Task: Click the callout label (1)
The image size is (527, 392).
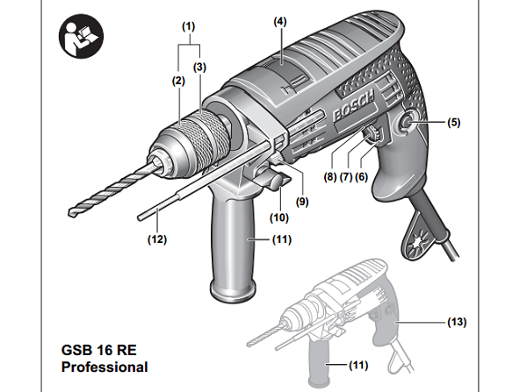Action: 188,27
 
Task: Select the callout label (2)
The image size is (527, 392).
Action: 177,81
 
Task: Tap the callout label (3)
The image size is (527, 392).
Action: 199,67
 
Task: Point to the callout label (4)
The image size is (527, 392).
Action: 280,19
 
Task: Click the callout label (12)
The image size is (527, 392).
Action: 156,238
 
